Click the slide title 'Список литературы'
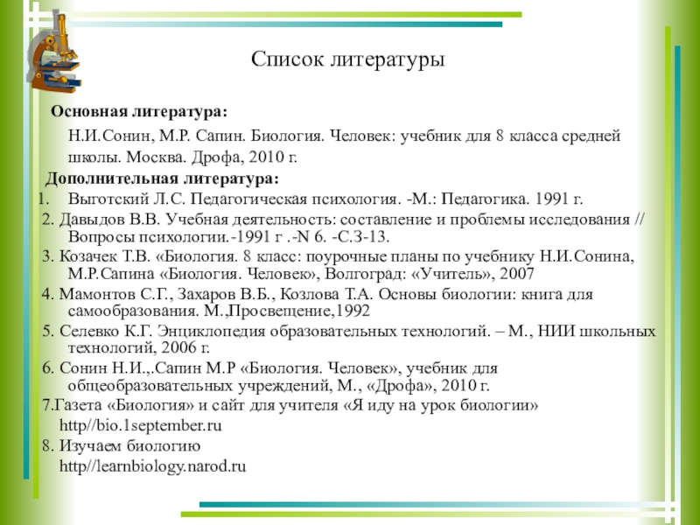[348, 60]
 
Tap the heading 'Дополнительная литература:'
[163, 178]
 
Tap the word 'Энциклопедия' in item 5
[204, 332]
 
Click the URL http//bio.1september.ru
[140, 426]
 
